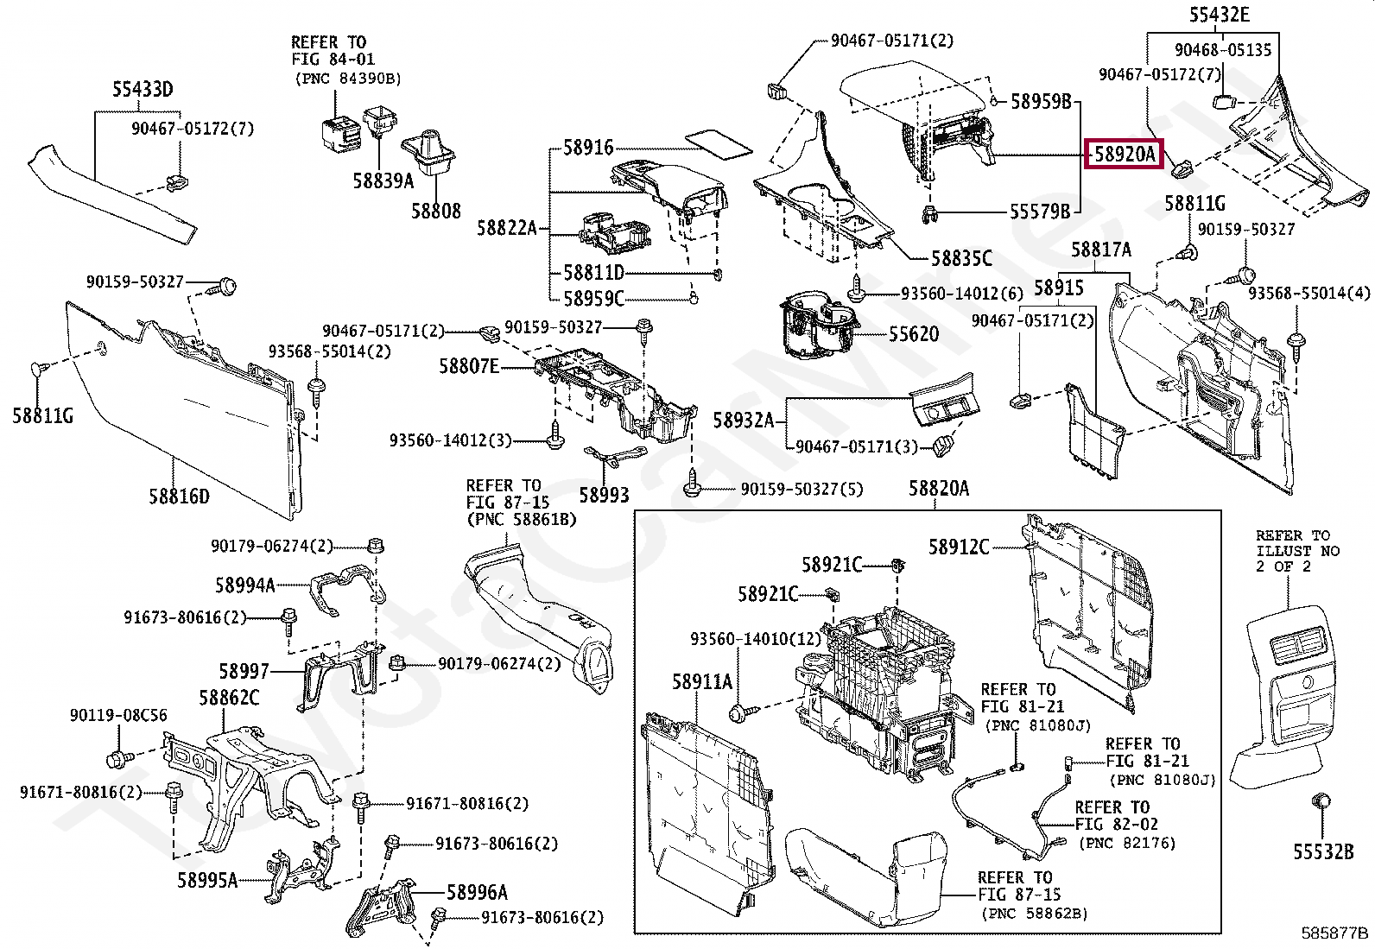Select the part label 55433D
point(143,90)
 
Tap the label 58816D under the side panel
point(180,496)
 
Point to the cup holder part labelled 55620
point(819,326)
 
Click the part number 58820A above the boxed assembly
point(939,489)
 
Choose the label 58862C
point(229,698)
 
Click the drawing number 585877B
point(1334,933)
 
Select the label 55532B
point(1323,852)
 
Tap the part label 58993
point(604,495)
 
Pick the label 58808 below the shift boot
point(436,212)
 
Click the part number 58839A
point(383,180)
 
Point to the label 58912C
point(959,547)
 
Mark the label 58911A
point(702,682)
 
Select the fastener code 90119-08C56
point(118,715)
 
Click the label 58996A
point(477,893)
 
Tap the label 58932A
point(744,421)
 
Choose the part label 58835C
point(961,258)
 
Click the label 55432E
point(1219,14)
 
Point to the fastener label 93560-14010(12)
point(756,639)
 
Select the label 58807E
point(469,367)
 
